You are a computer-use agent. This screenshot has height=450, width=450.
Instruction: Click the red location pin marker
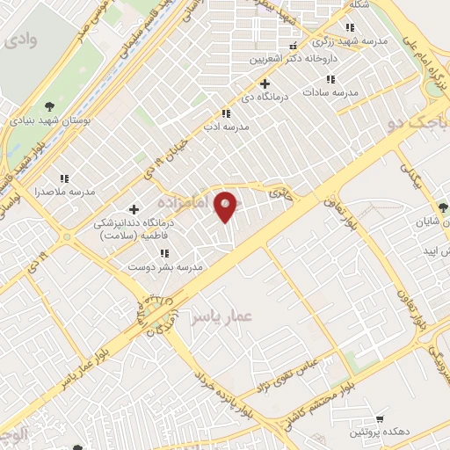228,207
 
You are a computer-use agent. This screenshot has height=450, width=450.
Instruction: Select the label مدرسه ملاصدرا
63,191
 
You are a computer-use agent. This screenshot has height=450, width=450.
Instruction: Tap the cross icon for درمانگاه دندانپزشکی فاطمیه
134,209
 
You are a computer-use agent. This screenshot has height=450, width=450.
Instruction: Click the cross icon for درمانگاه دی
265,83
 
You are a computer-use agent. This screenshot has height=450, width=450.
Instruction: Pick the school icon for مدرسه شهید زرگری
351,28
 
